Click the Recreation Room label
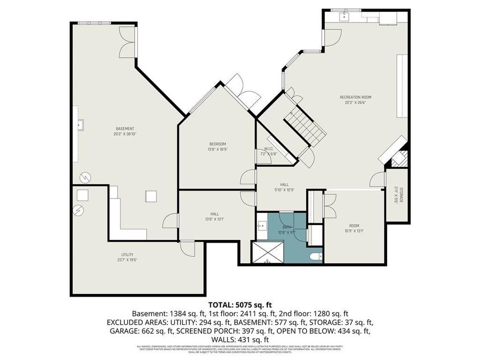click(x=355, y=97)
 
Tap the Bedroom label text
click(x=218, y=144)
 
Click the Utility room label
click(x=127, y=254)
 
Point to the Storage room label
click(x=396, y=195)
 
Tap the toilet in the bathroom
click(x=316, y=257)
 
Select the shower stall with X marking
click(x=268, y=253)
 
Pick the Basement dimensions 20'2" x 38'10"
click(x=125, y=134)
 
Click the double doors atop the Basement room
click(x=127, y=42)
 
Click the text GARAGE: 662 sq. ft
click(x=136, y=331)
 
